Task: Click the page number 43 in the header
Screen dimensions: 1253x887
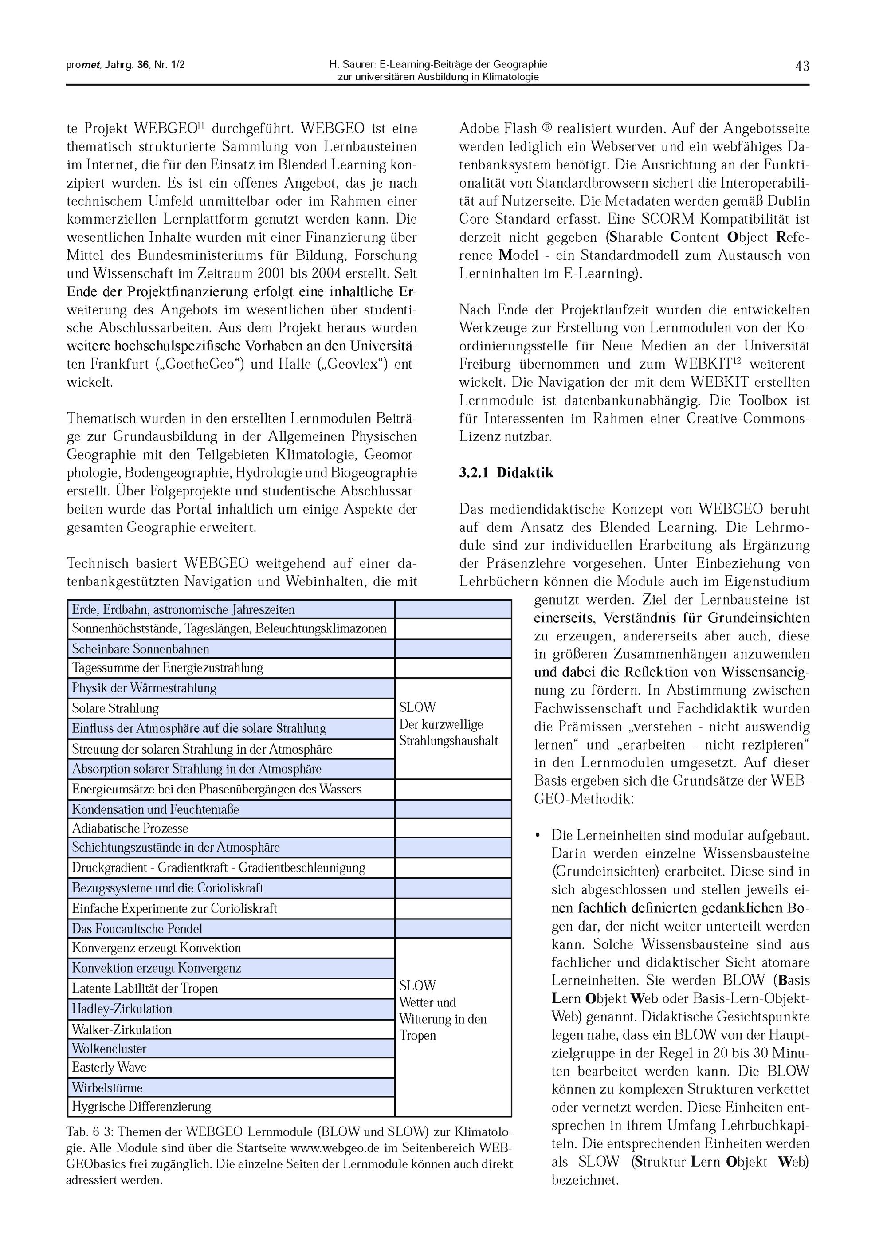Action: point(801,66)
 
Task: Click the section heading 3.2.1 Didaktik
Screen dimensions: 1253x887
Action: point(506,473)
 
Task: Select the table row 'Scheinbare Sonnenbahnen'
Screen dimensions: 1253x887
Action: point(141,649)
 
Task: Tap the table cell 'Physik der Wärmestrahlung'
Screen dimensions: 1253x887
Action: point(144,688)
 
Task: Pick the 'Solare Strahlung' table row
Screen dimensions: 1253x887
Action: point(115,708)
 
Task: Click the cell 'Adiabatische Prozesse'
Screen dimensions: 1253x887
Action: point(130,828)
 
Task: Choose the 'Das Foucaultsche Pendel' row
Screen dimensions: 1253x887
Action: point(137,929)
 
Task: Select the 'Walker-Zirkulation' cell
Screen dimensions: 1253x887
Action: point(122,1029)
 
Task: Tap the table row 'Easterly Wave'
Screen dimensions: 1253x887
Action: point(109,1067)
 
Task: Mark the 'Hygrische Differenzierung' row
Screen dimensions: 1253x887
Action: point(141,1107)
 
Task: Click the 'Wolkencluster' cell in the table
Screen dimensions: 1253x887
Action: point(109,1049)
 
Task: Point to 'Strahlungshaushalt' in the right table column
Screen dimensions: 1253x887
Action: point(448,741)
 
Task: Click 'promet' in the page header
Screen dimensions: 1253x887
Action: point(83,65)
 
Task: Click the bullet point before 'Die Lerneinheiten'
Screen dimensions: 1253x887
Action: point(538,836)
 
